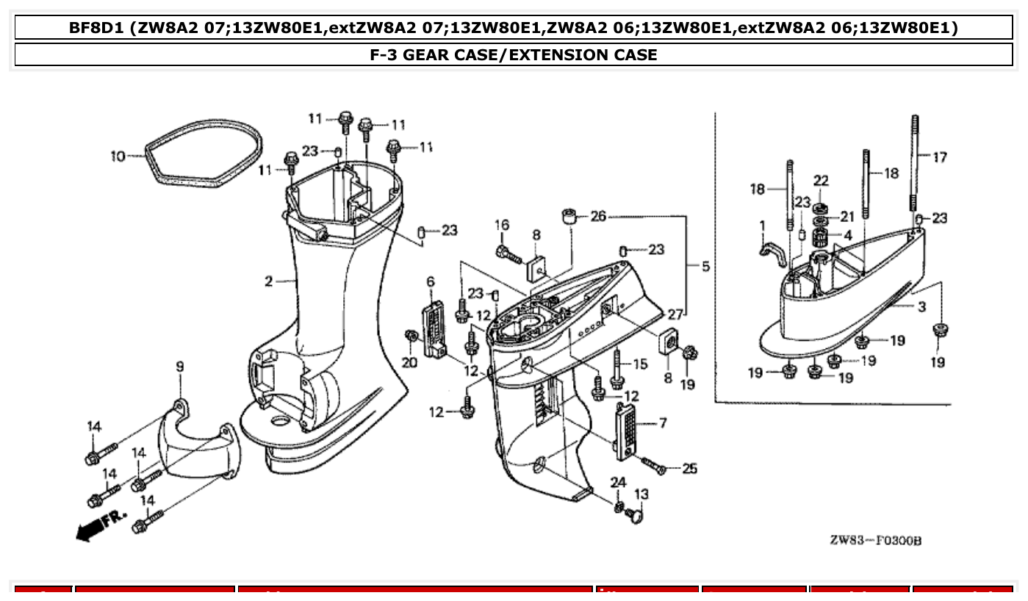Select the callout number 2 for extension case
coord(269,281)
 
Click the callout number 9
coord(179,367)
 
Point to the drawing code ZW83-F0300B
coord(875,541)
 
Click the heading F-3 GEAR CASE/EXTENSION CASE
coord(514,55)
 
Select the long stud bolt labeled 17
coord(916,162)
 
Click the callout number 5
coord(705,266)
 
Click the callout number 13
coord(641,494)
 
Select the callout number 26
coord(599,216)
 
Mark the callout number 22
coord(821,181)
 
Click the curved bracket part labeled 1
coord(771,253)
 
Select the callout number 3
coord(921,307)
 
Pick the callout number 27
coord(674,314)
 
